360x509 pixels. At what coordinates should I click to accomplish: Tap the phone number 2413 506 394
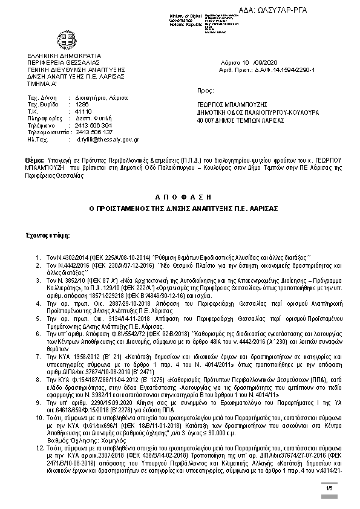[94, 125]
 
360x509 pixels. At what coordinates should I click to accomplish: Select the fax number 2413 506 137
[94, 132]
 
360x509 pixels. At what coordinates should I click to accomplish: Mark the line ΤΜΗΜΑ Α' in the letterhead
[40, 83]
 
